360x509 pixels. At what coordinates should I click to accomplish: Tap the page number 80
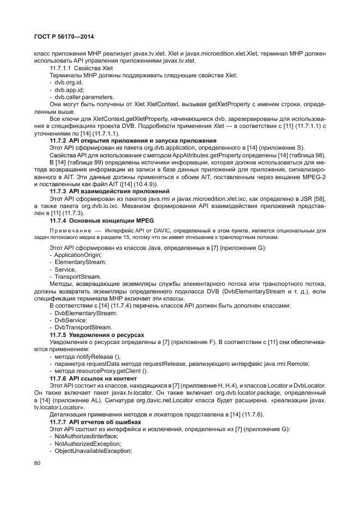37,463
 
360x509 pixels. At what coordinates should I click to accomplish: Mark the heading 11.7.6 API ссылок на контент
101,378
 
